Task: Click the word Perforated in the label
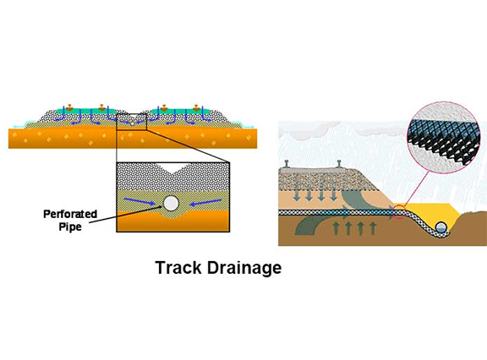tap(70, 214)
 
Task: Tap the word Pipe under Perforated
tap(70, 226)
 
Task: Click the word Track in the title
tap(178, 268)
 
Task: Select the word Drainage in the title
tap(244, 268)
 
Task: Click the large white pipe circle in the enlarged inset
tap(171, 204)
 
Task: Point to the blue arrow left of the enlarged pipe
tap(140, 201)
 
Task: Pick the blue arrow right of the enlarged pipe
tap(205, 203)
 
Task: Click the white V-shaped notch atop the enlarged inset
tap(173, 167)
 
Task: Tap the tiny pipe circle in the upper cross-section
tap(132, 123)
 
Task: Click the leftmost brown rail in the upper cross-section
tap(69, 107)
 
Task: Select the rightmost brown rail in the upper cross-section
tap(196, 107)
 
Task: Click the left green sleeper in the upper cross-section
tap(86, 111)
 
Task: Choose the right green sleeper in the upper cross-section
tap(181, 111)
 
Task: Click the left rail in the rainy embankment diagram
tap(287, 164)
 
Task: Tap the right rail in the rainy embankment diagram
tap(339, 164)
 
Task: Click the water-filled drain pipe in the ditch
tap(441, 227)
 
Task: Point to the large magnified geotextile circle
tap(444, 138)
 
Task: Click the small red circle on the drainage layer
tap(398, 212)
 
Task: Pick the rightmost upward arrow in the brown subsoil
tap(373, 228)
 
